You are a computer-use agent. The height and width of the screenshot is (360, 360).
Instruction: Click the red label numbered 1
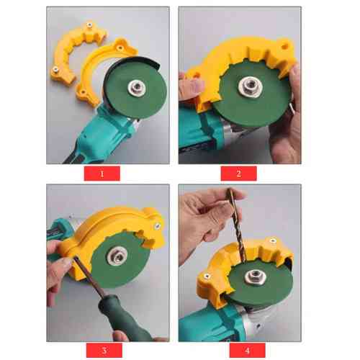point(102,174)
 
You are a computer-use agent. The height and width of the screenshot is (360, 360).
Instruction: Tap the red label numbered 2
point(238,174)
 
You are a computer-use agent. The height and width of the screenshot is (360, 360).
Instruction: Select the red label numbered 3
point(104,350)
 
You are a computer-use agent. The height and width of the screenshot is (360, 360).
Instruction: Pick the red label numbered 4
point(247,350)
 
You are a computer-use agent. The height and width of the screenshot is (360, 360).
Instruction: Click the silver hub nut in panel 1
point(137,87)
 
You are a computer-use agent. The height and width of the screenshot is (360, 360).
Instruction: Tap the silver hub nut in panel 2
point(249,86)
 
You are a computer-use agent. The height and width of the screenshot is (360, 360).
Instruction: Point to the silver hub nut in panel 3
point(116,256)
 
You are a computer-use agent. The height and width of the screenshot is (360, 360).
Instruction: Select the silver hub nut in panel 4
point(254,276)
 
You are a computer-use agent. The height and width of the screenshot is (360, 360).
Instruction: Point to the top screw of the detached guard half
point(89,24)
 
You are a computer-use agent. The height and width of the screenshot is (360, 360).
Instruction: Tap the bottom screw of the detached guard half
point(55,70)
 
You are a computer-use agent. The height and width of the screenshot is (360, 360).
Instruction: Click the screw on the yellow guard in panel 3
point(158,225)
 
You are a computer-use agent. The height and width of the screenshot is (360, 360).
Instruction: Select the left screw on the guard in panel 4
point(206,276)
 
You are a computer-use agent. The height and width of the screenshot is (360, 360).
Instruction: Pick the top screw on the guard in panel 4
point(272,240)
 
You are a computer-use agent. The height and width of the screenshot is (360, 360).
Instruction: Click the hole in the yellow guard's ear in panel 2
point(285,45)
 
